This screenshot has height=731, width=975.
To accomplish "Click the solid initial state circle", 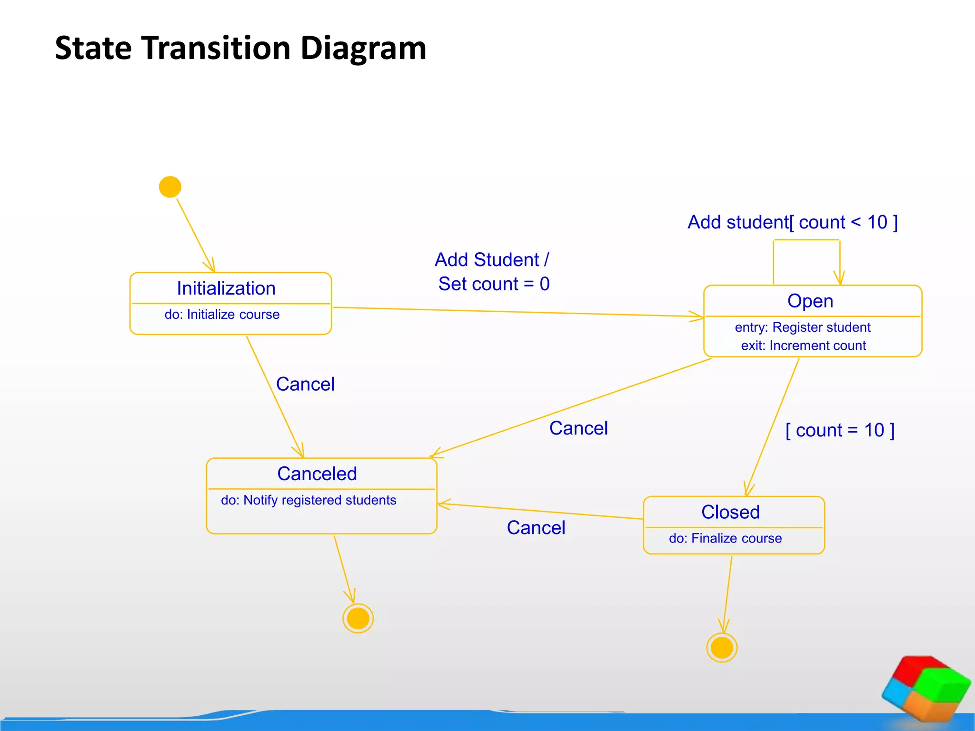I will [x=170, y=187].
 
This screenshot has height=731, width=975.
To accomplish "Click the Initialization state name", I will [x=226, y=288].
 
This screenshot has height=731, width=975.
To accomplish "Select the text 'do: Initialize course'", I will [x=222, y=315].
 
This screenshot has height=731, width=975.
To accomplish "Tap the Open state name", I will [x=810, y=301].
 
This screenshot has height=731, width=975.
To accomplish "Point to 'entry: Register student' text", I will [x=803, y=327].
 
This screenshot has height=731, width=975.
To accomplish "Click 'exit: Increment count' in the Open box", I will [x=803, y=346].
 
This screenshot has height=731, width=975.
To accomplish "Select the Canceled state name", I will [x=317, y=474].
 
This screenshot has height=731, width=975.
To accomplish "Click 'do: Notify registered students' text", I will [x=308, y=500].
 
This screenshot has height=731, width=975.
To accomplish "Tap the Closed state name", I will [x=730, y=513].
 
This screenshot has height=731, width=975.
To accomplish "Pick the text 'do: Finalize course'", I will [x=725, y=538].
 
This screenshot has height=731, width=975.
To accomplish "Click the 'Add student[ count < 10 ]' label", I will [x=793, y=222].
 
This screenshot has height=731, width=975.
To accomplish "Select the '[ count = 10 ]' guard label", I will [x=840, y=430].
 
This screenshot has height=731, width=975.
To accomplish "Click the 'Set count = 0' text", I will [x=494, y=284].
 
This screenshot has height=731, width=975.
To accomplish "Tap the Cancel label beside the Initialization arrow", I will [x=305, y=384].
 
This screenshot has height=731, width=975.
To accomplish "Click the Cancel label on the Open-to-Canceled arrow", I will [x=578, y=428].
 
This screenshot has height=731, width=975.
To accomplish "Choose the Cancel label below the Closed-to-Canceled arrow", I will [x=536, y=528].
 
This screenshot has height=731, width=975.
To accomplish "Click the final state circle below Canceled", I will [x=358, y=619].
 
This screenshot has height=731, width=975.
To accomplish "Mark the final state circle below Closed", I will [x=722, y=648].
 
